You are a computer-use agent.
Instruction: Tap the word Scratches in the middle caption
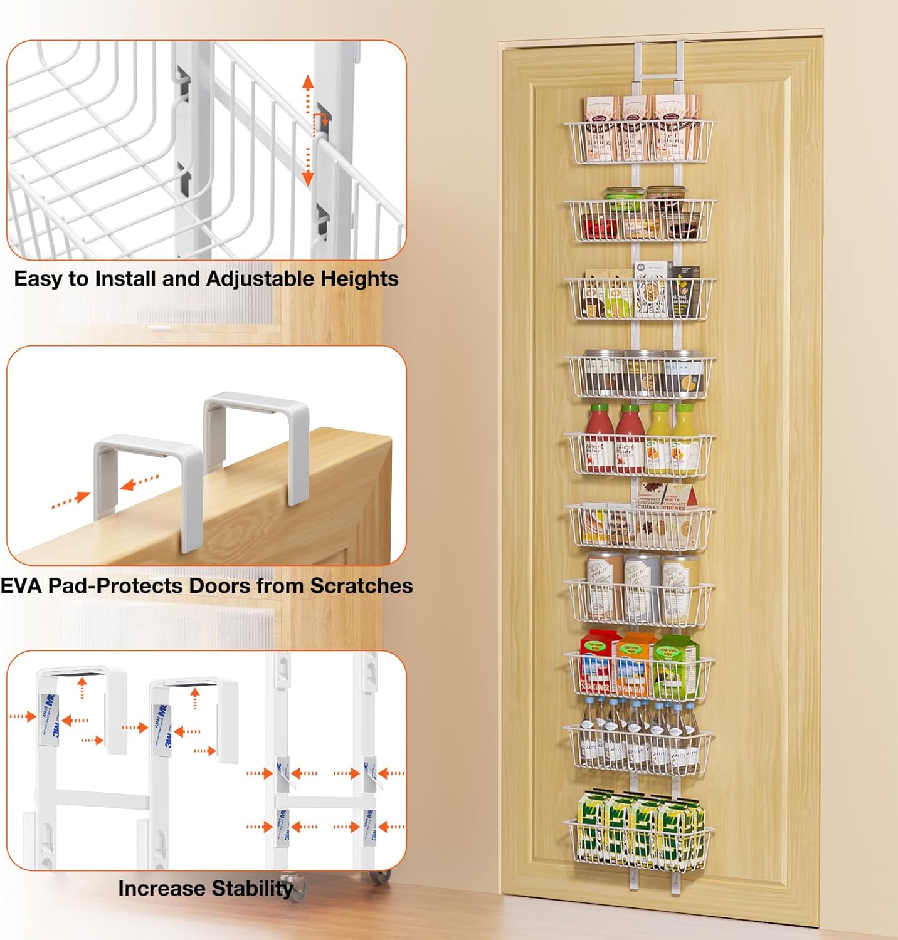[361, 585]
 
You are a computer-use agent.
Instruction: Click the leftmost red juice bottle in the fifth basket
[599, 439]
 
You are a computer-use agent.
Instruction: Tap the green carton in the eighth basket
[676, 667]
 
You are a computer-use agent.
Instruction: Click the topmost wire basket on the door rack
[639, 142]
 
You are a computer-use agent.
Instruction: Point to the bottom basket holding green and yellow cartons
[638, 843]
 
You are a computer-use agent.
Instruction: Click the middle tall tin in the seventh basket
[641, 586]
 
